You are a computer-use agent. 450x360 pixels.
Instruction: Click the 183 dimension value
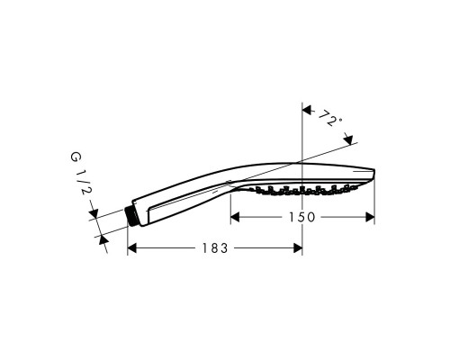tap(215, 248)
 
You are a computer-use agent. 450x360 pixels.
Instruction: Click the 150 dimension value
tap(301, 217)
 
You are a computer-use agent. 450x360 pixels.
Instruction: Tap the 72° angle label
tap(328, 118)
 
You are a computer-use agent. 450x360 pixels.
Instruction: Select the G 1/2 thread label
tap(80, 174)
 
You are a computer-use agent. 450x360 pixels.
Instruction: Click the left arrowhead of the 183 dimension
tap(132, 248)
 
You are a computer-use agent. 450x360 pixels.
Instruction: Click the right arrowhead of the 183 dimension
tap(298, 248)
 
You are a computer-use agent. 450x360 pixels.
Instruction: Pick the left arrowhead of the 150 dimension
tap(235, 217)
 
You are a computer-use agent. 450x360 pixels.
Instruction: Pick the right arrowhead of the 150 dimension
tap(370, 217)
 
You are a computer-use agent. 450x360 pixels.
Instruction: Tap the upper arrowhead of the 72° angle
tap(307, 111)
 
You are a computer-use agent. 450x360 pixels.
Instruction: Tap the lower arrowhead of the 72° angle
tap(349, 139)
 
